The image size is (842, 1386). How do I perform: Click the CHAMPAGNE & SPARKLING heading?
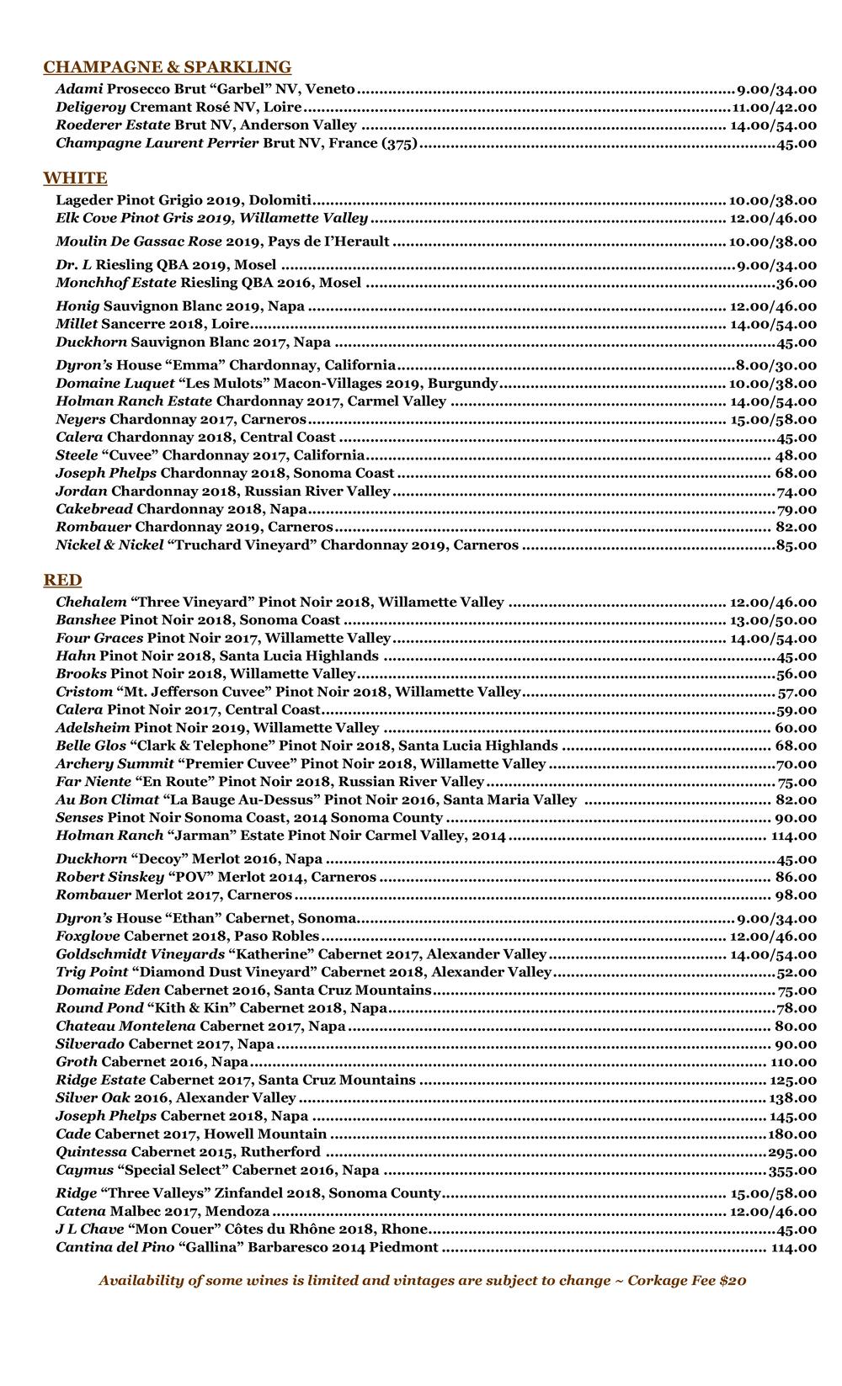167,67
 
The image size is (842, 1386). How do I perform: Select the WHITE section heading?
75,178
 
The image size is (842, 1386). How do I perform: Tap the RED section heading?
62,580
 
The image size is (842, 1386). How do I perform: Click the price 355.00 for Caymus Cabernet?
791,1171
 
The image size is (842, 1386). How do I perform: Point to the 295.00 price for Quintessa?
791,1152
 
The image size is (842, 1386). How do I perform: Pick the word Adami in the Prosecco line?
79,88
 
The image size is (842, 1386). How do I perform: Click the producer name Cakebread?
94,509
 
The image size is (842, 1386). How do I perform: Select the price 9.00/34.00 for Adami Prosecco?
776,88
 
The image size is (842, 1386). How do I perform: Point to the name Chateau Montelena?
125,1026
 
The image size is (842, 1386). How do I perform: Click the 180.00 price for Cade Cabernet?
791,1134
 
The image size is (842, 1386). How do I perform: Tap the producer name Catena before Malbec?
81,1212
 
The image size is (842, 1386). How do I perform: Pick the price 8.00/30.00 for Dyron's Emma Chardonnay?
775,365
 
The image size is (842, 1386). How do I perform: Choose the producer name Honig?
77,306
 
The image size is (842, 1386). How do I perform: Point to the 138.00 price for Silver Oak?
791,1098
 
